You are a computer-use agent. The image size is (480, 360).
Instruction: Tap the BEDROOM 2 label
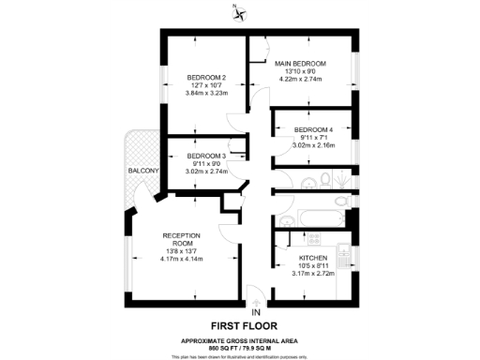(205, 77)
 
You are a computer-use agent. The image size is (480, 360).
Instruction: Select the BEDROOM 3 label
(205, 156)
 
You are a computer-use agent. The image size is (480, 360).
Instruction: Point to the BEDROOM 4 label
(313, 129)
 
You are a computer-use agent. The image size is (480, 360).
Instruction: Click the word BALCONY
(143, 171)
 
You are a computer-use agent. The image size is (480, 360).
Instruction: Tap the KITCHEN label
(313, 257)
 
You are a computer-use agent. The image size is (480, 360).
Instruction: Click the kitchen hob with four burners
(315, 238)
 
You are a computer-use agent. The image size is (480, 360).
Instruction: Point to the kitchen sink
(343, 253)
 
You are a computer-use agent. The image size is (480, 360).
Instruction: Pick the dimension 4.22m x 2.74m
(306, 81)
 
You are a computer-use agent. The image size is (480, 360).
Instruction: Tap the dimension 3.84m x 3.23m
(205, 94)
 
